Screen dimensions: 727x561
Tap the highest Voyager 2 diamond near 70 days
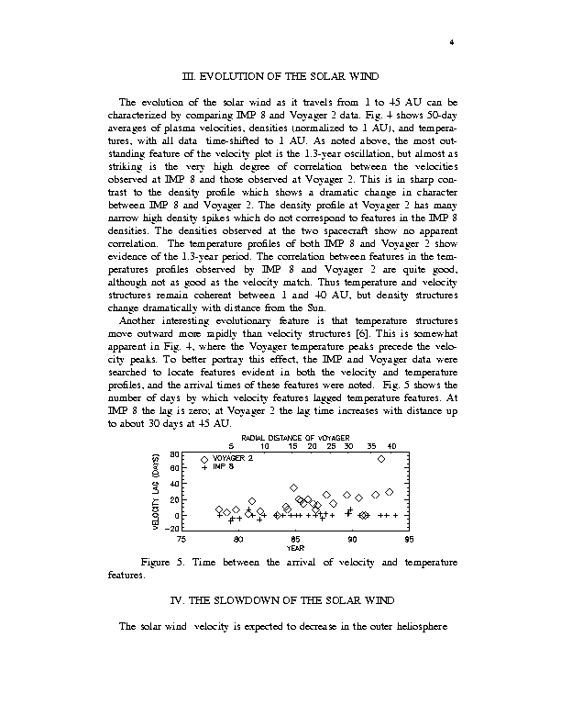coord(381,459)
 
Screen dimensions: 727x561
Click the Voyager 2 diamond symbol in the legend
coord(204,459)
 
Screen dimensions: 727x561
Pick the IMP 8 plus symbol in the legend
coord(204,467)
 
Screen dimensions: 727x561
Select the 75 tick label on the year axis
coord(181,540)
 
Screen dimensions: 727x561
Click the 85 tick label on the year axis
coord(295,540)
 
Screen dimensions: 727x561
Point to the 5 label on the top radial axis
coord(218,446)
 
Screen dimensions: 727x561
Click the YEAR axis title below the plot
coord(295,548)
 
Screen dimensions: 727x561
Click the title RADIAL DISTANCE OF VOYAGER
coord(295,438)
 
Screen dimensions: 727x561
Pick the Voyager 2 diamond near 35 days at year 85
coord(293,487)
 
